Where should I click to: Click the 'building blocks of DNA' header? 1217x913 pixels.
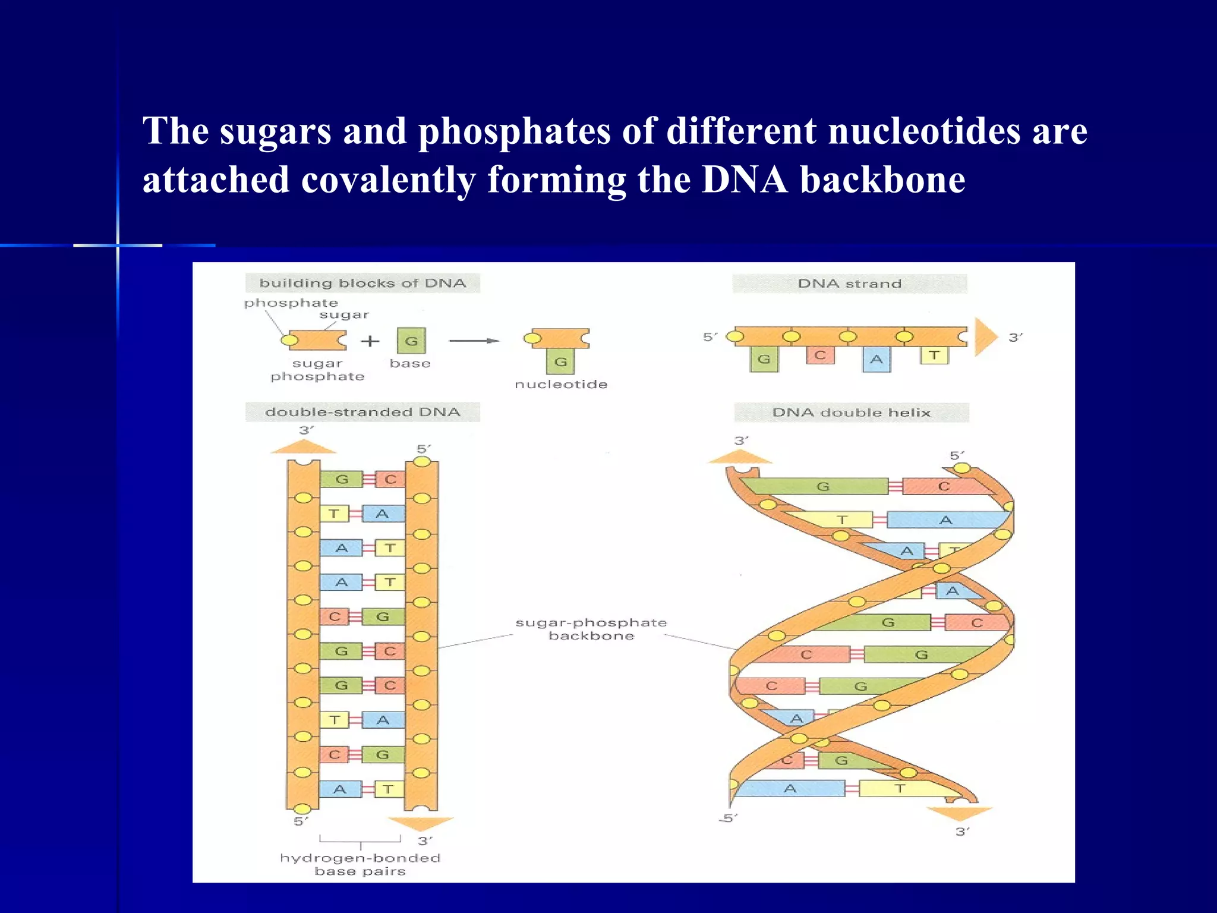(362, 283)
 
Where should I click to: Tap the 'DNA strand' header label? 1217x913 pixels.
(849, 284)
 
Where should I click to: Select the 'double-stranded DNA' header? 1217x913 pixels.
(362, 412)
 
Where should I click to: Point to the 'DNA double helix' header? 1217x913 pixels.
(851, 413)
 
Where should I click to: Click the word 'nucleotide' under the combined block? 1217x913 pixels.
(561, 385)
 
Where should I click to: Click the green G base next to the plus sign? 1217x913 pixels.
(411, 341)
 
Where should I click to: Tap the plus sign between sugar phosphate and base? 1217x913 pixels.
(370, 341)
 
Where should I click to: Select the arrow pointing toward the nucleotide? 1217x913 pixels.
(474, 341)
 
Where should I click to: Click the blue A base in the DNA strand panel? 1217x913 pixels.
(877, 360)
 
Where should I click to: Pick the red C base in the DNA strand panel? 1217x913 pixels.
(820, 355)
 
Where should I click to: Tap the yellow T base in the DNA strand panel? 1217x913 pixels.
(934, 355)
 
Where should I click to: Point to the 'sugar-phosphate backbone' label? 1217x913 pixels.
(591, 629)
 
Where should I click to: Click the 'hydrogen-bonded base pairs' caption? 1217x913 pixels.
(360, 864)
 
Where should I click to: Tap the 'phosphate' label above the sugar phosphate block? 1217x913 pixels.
(291, 303)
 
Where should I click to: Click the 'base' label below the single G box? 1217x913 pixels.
(410, 363)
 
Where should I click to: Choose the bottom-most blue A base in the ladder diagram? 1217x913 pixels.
(340, 789)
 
